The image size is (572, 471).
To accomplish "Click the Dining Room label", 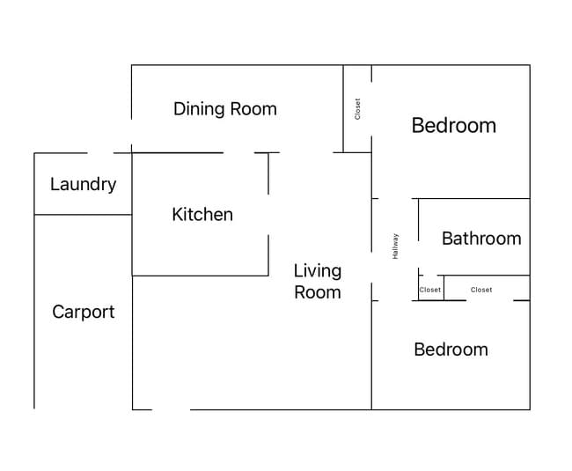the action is click(225, 109).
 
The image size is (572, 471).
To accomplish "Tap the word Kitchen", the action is click(202, 214).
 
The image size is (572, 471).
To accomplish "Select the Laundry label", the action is click(84, 185).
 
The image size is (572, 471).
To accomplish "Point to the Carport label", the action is click(84, 313).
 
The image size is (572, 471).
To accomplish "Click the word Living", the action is click(318, 271).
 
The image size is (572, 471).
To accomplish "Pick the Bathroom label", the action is click(481, 239).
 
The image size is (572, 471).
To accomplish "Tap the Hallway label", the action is click(395, 247).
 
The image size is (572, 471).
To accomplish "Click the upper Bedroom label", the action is click(454, 126).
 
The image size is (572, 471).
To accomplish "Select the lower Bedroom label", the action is click(451, 350).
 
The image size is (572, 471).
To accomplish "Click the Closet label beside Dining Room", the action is click(357, 108).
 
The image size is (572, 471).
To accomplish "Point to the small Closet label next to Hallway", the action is click(430, 290).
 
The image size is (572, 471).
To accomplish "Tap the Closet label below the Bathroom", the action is click(481, 290).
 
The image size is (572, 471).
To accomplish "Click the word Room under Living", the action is click(318, 292).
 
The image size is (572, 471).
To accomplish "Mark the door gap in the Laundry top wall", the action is click(100, 153).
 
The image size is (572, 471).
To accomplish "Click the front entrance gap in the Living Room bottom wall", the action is click(171, 409).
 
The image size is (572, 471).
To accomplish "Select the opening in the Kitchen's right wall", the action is click(268, 215).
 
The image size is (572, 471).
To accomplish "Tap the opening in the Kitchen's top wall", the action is click(239, 152).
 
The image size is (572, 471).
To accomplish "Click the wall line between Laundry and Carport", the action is click(84, 215).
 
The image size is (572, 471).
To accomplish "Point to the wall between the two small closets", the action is click(444, 288).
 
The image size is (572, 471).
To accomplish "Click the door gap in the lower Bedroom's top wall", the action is click(490, 300).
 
